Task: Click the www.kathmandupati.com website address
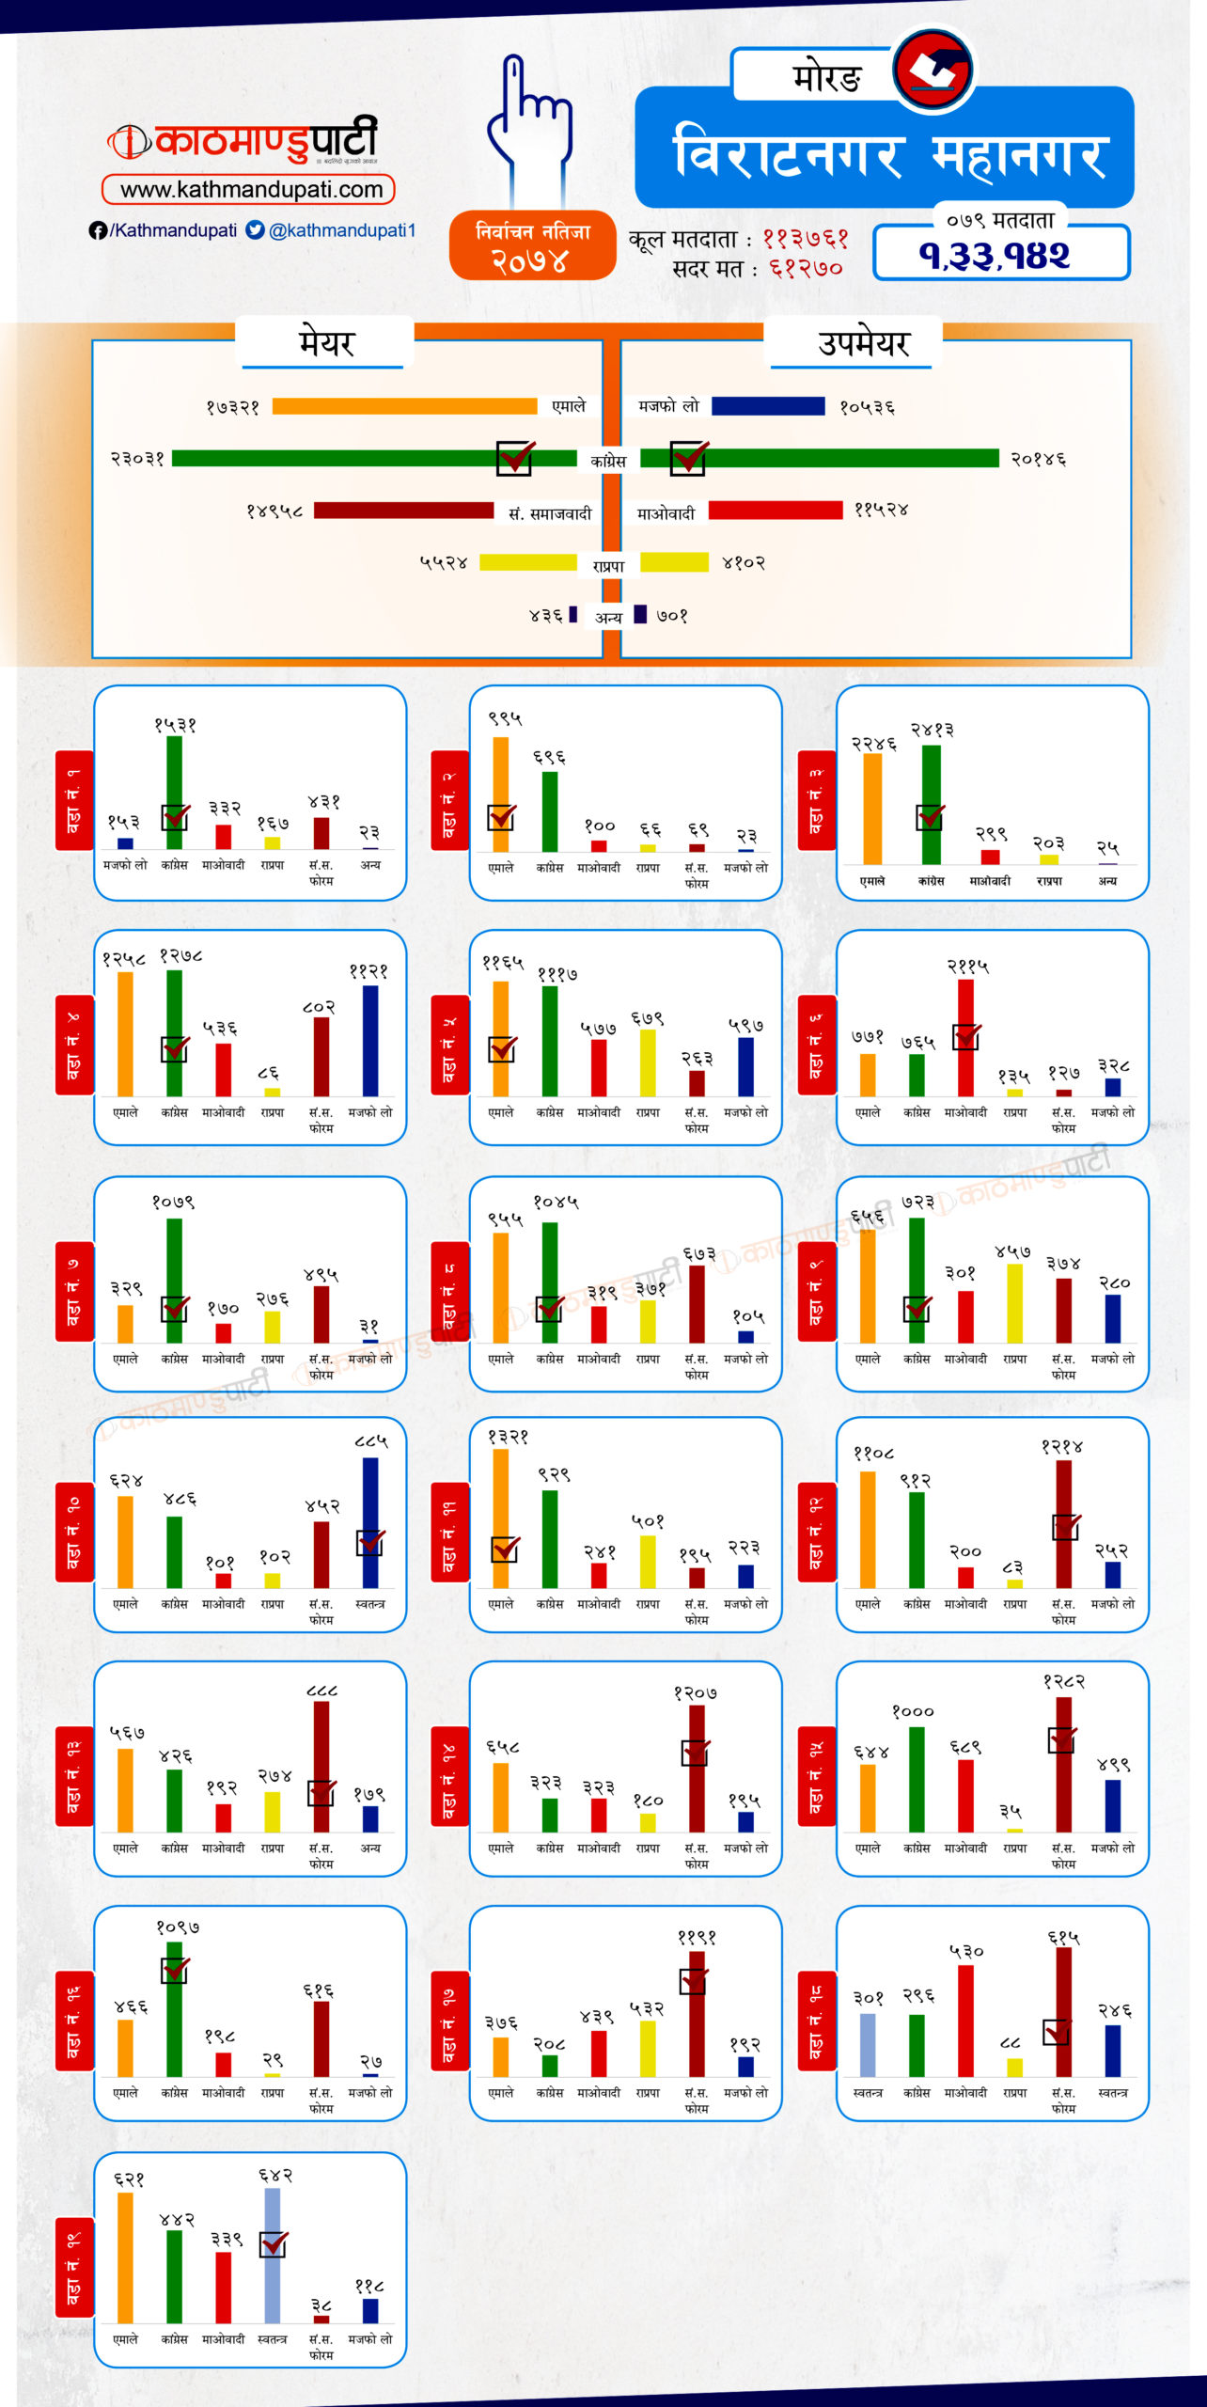tap(250, 190)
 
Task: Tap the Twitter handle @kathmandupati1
tap(341, 230)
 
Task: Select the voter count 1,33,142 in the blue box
tap(995, 255)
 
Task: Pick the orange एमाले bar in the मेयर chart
tap(404, 406)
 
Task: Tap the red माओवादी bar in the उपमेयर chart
tap(776, 510)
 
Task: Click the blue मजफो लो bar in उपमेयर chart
tap(768, 406)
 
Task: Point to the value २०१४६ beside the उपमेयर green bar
tap(1039, 460)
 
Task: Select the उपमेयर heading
tap(864, 343)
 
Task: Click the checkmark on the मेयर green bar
tap(515, 457)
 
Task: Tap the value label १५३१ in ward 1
tap(175, 725)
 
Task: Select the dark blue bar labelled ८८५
tap(370, 1523)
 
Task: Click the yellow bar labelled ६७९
tap(647, 1062)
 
